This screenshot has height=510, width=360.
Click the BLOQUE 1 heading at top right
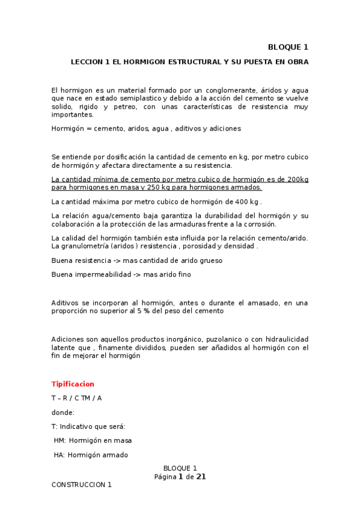click(x=288, y=48)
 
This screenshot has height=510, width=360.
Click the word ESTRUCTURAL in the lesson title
click(x=189, y=62)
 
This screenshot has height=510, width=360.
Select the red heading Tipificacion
click(x=73, y=384)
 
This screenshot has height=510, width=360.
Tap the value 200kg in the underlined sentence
click(x=298, y=179)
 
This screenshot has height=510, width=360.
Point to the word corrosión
click(x=259, y=224)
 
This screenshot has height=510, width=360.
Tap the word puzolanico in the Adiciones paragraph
click(x=197, y=339)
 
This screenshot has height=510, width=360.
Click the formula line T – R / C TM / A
click(x=77, y=398)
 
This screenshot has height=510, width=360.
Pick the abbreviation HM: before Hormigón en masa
click(x=59, y=440)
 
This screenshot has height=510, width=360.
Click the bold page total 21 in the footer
click(x=201, y=476)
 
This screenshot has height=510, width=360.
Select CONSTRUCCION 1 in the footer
click(x=82, y=484)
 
